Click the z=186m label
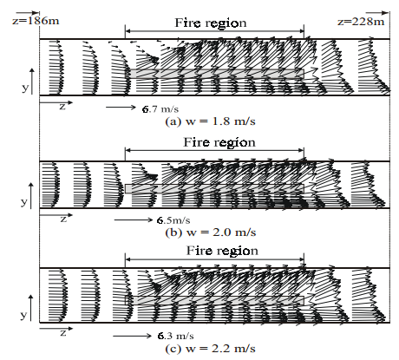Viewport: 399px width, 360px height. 36,21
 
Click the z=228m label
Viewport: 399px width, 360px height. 361,22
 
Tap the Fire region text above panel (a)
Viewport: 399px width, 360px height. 211,23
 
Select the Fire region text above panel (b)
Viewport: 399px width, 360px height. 219,142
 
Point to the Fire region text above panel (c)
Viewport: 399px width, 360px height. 222,251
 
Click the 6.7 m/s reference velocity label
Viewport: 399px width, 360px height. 160,109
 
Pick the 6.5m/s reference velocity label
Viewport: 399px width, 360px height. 173,220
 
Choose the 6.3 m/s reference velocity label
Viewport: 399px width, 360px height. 176,336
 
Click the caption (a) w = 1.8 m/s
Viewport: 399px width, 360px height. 210,121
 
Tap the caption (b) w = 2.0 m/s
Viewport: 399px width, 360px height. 211,232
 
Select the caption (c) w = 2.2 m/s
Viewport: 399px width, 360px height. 210,349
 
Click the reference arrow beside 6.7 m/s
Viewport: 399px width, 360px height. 121,108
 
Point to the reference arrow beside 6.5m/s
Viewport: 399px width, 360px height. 134,219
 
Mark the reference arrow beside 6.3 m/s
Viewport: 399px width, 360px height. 132,336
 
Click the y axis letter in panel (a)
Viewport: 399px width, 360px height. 25,88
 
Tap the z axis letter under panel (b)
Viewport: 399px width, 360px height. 63,219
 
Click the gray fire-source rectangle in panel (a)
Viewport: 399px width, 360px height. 216,74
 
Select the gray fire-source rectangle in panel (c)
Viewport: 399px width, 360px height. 215,300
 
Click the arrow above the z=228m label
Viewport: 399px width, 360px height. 377,13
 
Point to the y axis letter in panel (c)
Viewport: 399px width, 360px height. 24,314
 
